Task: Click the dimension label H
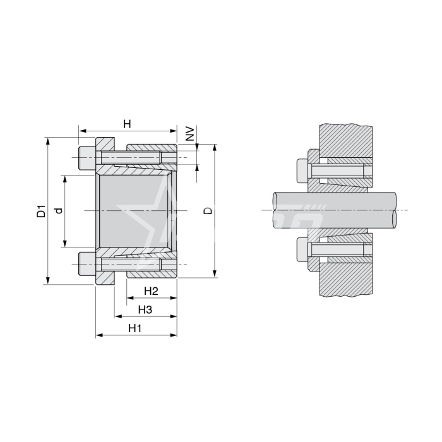(x=127, y=124)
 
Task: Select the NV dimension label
(x=191, y=134)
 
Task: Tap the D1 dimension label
(x=41, y=211)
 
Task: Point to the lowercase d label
(x=59, y=210)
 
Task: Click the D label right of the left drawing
(x=208, y=211)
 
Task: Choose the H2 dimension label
(x=152, y=291)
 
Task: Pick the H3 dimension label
(x=145, y=310)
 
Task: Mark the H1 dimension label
(x=134, y=328)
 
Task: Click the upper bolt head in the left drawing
(x=87, y=158)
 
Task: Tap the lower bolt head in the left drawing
(x=87, y=264)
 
